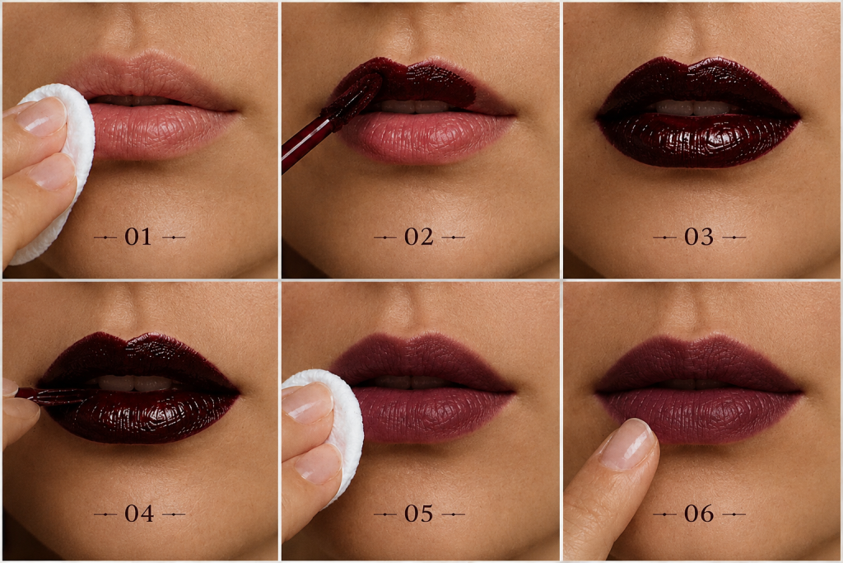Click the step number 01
pyautogui.click(x=138, y=237)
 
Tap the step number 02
pyautogui.click(x=419, y=237)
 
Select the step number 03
pyautogui.click(x=699, y=237)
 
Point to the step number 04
pyautogui.click(x=139, y=514)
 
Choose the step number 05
pyautogui.click(x=419, y=514)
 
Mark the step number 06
pyautogui.click(x=699, y=514)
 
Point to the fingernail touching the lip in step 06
pyautogui.click(x=626, y=444)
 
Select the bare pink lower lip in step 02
pyautogui.click(x=427, y=138)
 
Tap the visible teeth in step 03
pyautogui.click(x=693, y=107)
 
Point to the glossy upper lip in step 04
pyautogui.click(x=140, y=358)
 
